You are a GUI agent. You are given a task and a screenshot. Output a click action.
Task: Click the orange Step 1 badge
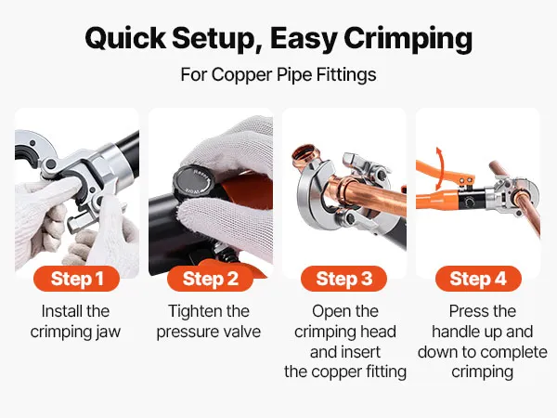[76, 279]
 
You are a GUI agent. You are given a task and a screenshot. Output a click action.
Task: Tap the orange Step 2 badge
[210, 279]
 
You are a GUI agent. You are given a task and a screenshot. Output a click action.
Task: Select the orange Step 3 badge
[343, 279]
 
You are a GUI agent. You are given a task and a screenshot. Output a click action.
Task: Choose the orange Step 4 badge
[478, 279]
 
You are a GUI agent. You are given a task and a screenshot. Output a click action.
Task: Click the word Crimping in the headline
[408, 39]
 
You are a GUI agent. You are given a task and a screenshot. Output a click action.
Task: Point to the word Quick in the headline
[125, 38]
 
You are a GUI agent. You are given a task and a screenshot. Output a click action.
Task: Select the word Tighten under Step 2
[190, 312]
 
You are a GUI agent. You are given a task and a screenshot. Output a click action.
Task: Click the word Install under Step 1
[59, 311]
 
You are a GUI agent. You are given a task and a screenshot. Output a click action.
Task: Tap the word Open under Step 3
[329, 312]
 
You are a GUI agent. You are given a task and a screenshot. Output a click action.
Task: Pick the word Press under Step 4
[465, 311]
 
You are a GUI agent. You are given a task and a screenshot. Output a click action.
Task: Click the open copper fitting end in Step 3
[304, 151]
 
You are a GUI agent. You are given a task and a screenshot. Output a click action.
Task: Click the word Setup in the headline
[218, 39]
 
